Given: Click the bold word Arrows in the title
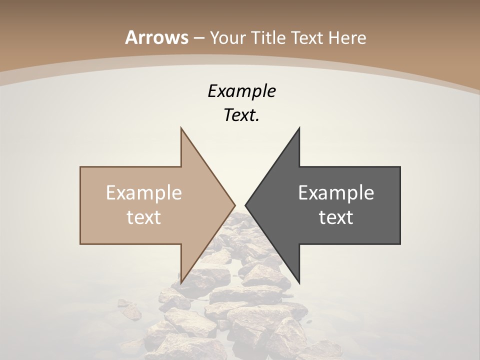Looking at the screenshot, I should tap(156, 37).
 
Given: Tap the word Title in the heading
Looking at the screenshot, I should tap(270, 37).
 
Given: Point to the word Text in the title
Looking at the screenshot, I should tap(308, 37).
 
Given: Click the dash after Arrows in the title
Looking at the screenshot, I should tap(198, 38).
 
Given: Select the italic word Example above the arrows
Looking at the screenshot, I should tap(241, 91).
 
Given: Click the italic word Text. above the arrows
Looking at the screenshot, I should tap(241, 115).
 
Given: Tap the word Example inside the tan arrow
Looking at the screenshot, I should tap(144, 193).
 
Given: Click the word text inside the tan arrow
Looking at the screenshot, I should tap(144, 217).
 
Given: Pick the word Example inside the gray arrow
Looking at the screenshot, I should tap(336, 193).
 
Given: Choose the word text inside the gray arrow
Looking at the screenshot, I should tap(336, 217).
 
